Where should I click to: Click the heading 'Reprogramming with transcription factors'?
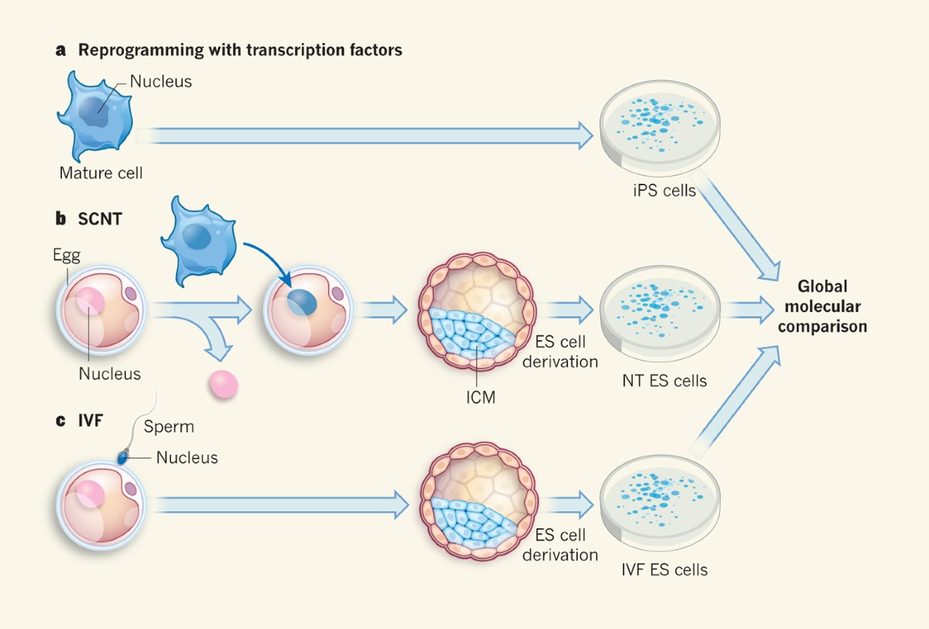[240, 51]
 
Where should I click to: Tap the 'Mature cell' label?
[101, 173]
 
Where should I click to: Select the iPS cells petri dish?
[657, 127]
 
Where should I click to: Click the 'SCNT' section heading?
[99, 218]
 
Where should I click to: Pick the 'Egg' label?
[67, 254]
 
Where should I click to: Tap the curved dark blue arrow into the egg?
[271, 260]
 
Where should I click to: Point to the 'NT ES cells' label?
[664, 380]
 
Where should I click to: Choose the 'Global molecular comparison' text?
[822, 307]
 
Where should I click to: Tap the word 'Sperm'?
[170, 427]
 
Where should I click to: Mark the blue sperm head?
[122, 458]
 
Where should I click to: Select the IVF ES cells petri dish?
[657, 504]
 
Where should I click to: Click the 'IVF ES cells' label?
[664, 570]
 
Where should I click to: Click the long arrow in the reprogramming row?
[364, 136]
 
